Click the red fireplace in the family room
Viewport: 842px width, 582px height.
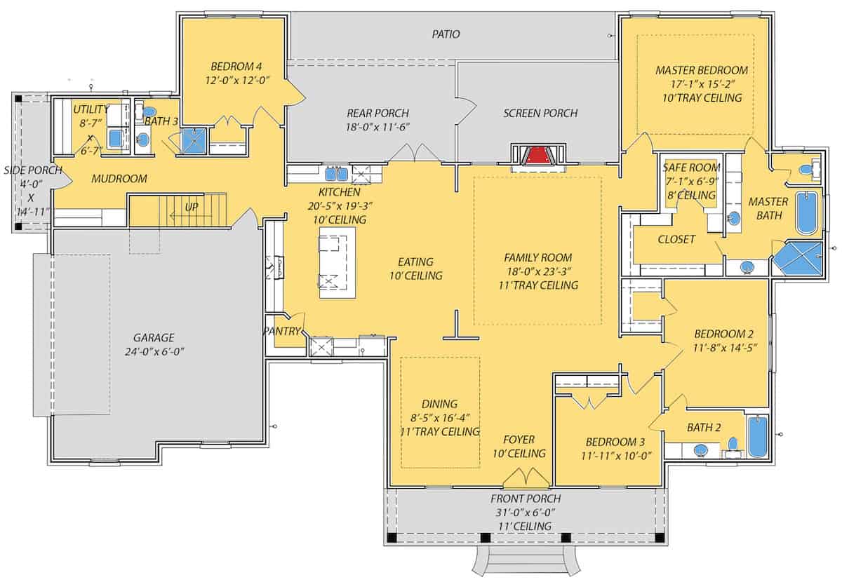pyautogui.click(x=538, y=155)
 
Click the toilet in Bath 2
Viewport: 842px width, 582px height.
pyautogui.click(x=733, y=443)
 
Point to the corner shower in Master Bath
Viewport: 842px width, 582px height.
pyautogui.click(x=797, y=257)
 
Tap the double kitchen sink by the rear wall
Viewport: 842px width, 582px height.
pyautogui.click(x=334, y=173)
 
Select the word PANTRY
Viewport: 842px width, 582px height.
pyautogui.click(x=282, y=331)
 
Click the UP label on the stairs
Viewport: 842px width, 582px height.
pyautogui.click(x=191, y=208)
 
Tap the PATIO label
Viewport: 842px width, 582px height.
pyautogui.click(x=446, y=34)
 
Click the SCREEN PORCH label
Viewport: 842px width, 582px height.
pyautogui.click(x=540, y=113)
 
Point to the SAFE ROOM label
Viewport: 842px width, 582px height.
pyautogui.click(x=691, y=168)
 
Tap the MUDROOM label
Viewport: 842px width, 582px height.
pyautogui.click(x=119, y=179)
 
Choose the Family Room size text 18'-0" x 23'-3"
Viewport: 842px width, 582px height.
pyautogui.click(x=537, y=271)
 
